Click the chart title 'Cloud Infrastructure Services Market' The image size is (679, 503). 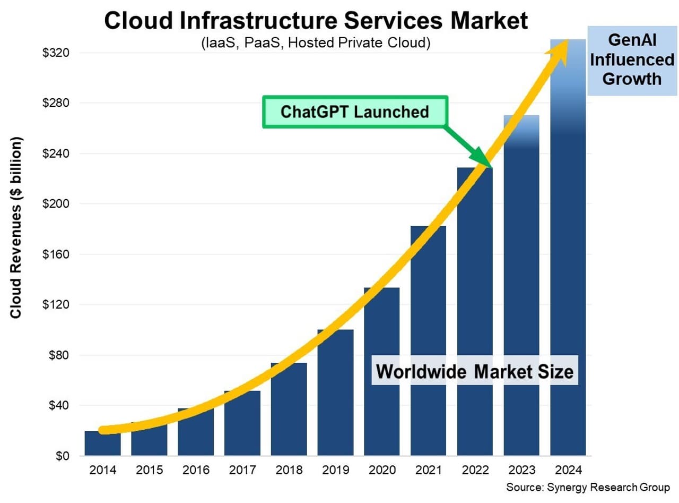click(x=316, y=21)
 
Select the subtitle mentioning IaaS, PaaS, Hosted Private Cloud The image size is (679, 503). click(x=315, y=43)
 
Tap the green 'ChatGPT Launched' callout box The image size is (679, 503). click(x=355, y=112)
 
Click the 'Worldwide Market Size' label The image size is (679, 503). click(x=475, y=372)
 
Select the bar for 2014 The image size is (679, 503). click(x=102, y=444)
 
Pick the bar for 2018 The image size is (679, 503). click(x=289, y=414)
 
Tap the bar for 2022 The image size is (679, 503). click(x=475, y=319)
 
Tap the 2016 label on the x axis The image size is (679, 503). click(x=195, y=471)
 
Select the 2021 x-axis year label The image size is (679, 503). click(x=428, y=471)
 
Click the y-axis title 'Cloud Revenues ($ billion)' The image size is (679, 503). click(x=16, y=228)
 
